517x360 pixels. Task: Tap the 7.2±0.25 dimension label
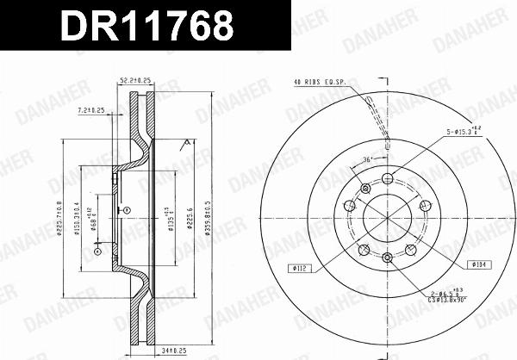pyautogui.click(x=90, y=111)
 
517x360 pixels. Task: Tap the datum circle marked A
pyautogui.click(x=126, y=209)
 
